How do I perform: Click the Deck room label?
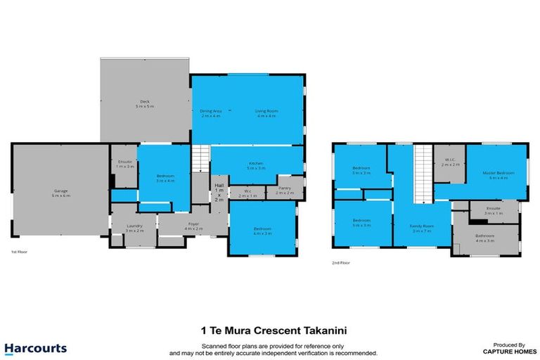145,103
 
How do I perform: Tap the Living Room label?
266,110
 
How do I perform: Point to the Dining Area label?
211,110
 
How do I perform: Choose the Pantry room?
285,188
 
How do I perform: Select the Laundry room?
134,226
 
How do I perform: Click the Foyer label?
193,225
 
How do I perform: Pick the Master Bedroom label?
498,172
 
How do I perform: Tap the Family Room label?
421,226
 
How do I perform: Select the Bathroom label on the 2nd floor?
485,236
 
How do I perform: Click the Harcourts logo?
35,348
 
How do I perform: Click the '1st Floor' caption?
18,252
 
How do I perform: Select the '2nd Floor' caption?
340,263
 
